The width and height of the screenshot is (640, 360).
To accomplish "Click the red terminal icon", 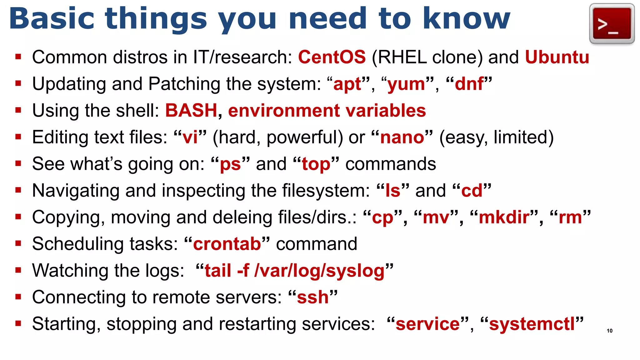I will (x=612, y=24).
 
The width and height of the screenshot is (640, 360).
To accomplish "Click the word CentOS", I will (x=332, y=57).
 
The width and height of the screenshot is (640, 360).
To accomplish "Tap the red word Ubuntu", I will (x=557, y=57).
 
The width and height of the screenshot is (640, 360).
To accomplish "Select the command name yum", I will (x=406, y=84).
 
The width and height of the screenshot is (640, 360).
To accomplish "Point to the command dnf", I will (x=469, y=84).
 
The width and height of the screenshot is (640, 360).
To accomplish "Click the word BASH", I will (x=191, y=111).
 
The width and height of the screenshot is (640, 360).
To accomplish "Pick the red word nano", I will (x=402, y=137).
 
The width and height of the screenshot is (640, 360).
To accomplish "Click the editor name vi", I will (x=190, y=137).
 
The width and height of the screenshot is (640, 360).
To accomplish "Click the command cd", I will (x=472, y=191).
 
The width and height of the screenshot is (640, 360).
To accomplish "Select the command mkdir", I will (x=504, y=217).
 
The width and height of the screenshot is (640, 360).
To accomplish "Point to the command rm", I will (x=570, y=217).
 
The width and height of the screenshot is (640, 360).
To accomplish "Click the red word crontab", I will (x=227, y=244).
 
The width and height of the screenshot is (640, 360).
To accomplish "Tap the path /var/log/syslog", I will (x=319, y=271).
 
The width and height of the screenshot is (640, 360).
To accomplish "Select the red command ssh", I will (x=312, y=297).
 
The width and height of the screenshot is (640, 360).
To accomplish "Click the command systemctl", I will (x=532, y=324).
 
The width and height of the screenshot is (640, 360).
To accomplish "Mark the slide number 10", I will (x=609, y=331).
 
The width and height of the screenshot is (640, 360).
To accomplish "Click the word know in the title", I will (x=466, y=19).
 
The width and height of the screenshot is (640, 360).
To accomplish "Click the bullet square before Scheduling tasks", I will (x=18, y=243).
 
